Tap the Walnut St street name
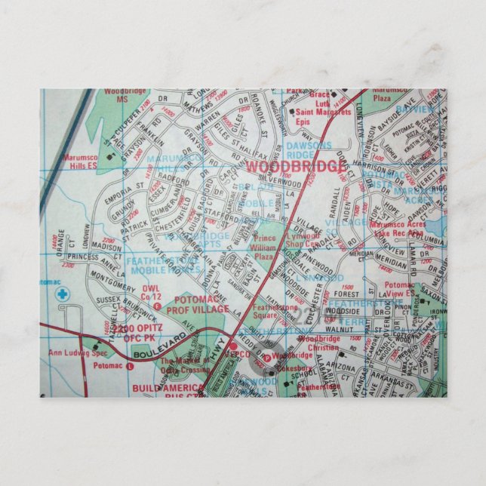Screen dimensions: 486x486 (x=351, y=329)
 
